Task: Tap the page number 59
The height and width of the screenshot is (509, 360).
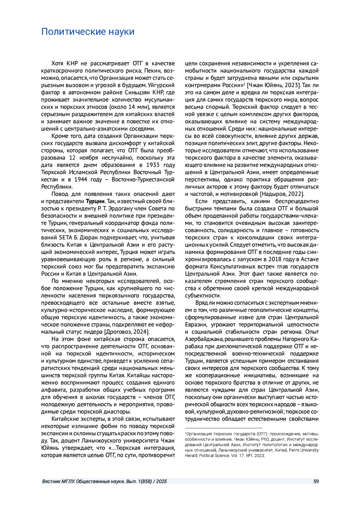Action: pyautogui.click(x=316, y=481)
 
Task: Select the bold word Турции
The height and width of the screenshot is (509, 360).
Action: pyautogui.click(x=95, y=201)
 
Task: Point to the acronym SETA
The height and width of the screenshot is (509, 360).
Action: pyautogui.click(x=66, y=238)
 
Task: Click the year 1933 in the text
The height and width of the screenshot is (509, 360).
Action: pyautogui.click(x=153, y=165)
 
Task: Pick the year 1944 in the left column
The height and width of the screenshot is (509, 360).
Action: pyautogui.click(x=81, y=180)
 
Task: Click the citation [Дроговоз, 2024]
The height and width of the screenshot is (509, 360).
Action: pyautogui.click(x=127, y=332)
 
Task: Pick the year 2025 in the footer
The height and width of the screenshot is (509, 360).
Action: pyautogui.click(x=161, y=481)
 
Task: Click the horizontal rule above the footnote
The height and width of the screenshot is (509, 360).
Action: pyautogui.click(x=223, y=428)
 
